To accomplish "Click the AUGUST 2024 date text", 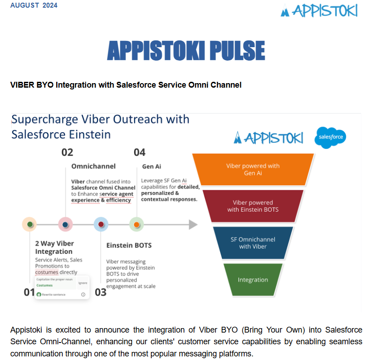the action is click(x=34, y=5).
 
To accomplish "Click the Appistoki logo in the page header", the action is click(x=319, y=10).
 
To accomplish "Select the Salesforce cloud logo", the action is click(x=330, y=138).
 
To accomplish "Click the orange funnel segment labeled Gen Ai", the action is click(x=253, y=169).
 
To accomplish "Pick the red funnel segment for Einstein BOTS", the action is click(x=253, y=206).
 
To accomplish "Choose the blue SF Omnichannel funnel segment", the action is click(x=253, y=243).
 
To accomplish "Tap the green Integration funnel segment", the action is click(x=253, y=280).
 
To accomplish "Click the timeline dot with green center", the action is click(x=30, y=224).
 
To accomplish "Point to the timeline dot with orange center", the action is click(x=136, y=224).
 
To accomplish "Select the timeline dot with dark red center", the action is click(x=101, y=224).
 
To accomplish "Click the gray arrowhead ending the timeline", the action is click(x=193, y=224).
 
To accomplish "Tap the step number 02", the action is click(x=67, y=152).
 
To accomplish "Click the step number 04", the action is click(x=140, y=152).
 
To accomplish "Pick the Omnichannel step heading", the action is click(x=93, y=166).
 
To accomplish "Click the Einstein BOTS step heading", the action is click(x=129, y=245).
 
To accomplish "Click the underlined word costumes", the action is click(x=47, y=272).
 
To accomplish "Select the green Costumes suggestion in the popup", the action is click(x=44, y=285).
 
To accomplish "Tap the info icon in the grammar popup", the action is click(x=83, y=294).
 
